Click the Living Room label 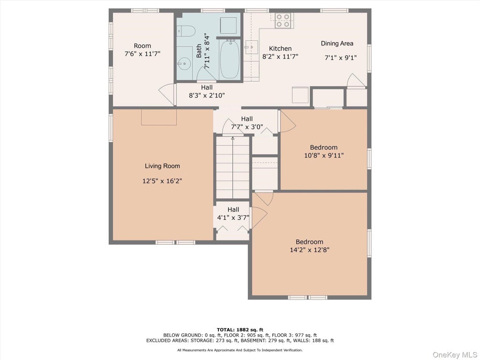point(162,166)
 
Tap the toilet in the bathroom point(186,31)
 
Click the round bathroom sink point(184,64)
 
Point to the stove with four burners point(283,21)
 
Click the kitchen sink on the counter point(251,47)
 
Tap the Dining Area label point(337,44)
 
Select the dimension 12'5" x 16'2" point(162,181)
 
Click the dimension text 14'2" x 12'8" point(309,250)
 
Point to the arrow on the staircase point(232,168)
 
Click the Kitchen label point(280,48)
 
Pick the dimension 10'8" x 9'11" point(324,155)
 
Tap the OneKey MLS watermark point(455,355)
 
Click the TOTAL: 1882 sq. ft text point(240,330)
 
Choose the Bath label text point(199,51)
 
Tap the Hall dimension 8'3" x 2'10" point(207,95)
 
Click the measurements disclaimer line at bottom point(240,350)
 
